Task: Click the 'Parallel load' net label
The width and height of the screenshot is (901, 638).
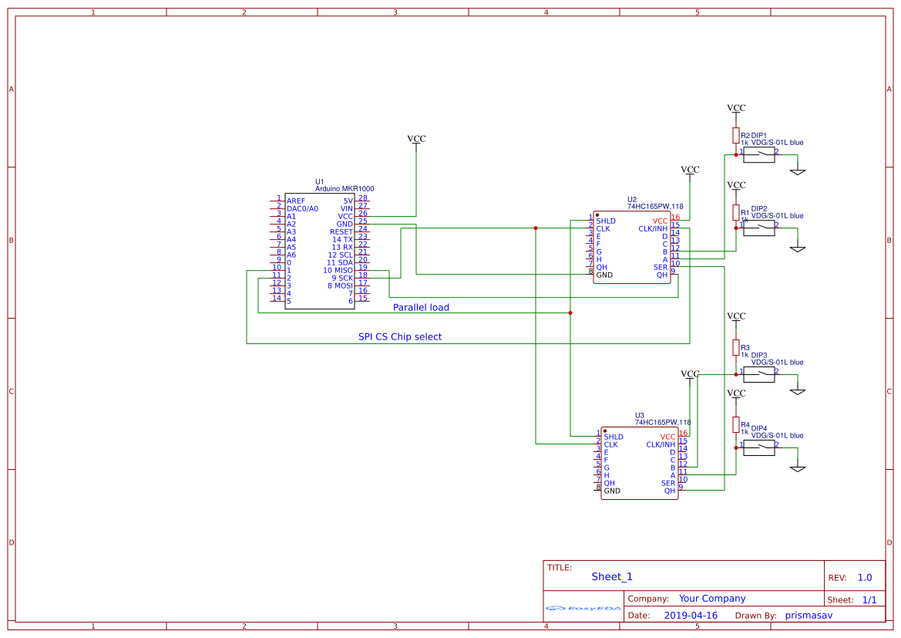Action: point(421,307)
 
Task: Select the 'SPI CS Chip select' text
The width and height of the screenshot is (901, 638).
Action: point(400,337)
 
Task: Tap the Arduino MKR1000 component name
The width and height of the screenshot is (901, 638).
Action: point(345,189)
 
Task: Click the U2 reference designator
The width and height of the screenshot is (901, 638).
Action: point(632,198)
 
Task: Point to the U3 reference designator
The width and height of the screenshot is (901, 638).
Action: point(640,414)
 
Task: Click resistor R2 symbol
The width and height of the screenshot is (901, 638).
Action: point(736,136)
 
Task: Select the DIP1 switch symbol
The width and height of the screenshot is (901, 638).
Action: point(758,155)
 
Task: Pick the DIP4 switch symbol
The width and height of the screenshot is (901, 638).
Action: point(758,448)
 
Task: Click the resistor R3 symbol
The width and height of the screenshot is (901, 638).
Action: point(736,347)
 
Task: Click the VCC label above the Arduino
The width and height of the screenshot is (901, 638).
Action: point(416,139)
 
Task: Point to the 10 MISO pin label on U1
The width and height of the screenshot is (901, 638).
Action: point(338,271)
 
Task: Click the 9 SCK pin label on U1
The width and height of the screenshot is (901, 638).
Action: point(341,278)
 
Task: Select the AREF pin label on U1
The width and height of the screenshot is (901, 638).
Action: point(296,201)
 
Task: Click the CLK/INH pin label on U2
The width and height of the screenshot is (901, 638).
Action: point(653,229)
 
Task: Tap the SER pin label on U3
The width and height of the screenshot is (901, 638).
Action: point(667,484)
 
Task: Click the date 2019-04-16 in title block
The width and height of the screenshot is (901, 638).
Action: point(691,616)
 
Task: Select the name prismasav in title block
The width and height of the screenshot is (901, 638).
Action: point(809,616)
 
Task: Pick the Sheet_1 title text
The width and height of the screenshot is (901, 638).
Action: point(612,577)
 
